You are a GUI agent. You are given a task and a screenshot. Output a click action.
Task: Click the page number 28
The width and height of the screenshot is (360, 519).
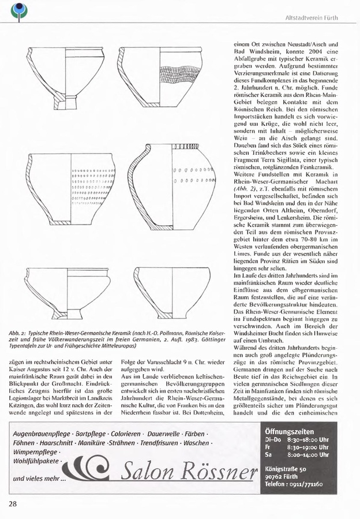(13, 503)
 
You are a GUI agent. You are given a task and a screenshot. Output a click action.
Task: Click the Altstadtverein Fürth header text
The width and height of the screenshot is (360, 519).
(312, 18)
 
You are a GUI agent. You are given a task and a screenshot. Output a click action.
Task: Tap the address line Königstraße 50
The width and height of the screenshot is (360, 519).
(286, 469)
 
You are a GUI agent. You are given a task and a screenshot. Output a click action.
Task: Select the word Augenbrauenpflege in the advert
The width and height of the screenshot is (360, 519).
(40, 432)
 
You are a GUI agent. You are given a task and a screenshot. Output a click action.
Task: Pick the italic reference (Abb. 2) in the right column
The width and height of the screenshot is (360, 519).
(243, 188)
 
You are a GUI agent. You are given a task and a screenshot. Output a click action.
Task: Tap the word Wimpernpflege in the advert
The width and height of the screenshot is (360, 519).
(34, 453)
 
